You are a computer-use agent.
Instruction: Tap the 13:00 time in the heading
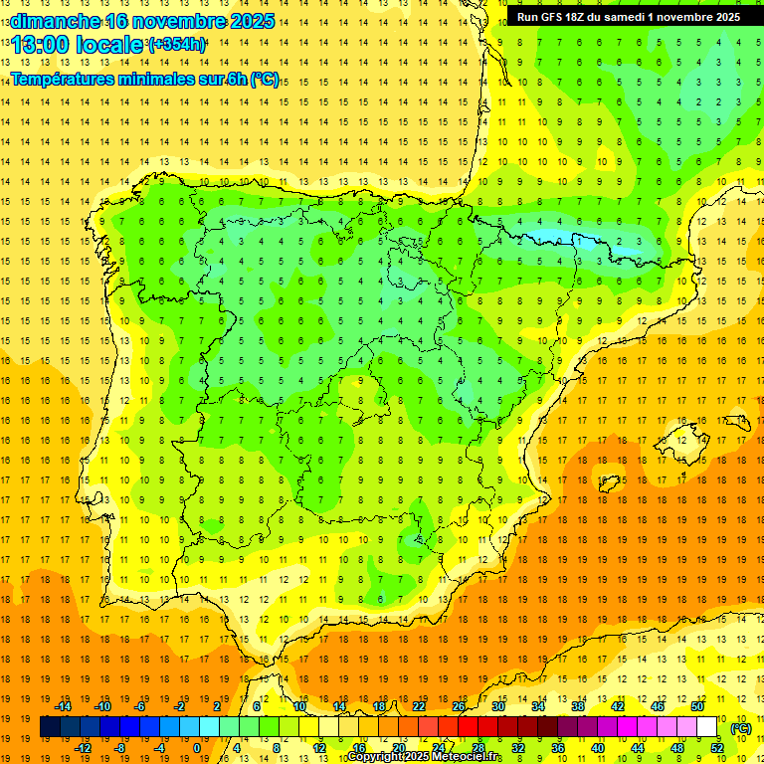click(42, 45)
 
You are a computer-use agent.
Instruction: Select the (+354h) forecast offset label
click(176, 45)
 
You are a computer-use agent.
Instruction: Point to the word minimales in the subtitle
click(165, 80)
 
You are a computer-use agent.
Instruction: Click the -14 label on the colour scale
click(64, 706)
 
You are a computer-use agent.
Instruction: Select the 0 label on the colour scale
click(197, 748)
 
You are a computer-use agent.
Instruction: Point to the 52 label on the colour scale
click(717, 748)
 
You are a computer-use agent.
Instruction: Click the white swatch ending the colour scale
click(707, 727)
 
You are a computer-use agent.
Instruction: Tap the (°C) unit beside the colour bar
click(741, 728)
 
